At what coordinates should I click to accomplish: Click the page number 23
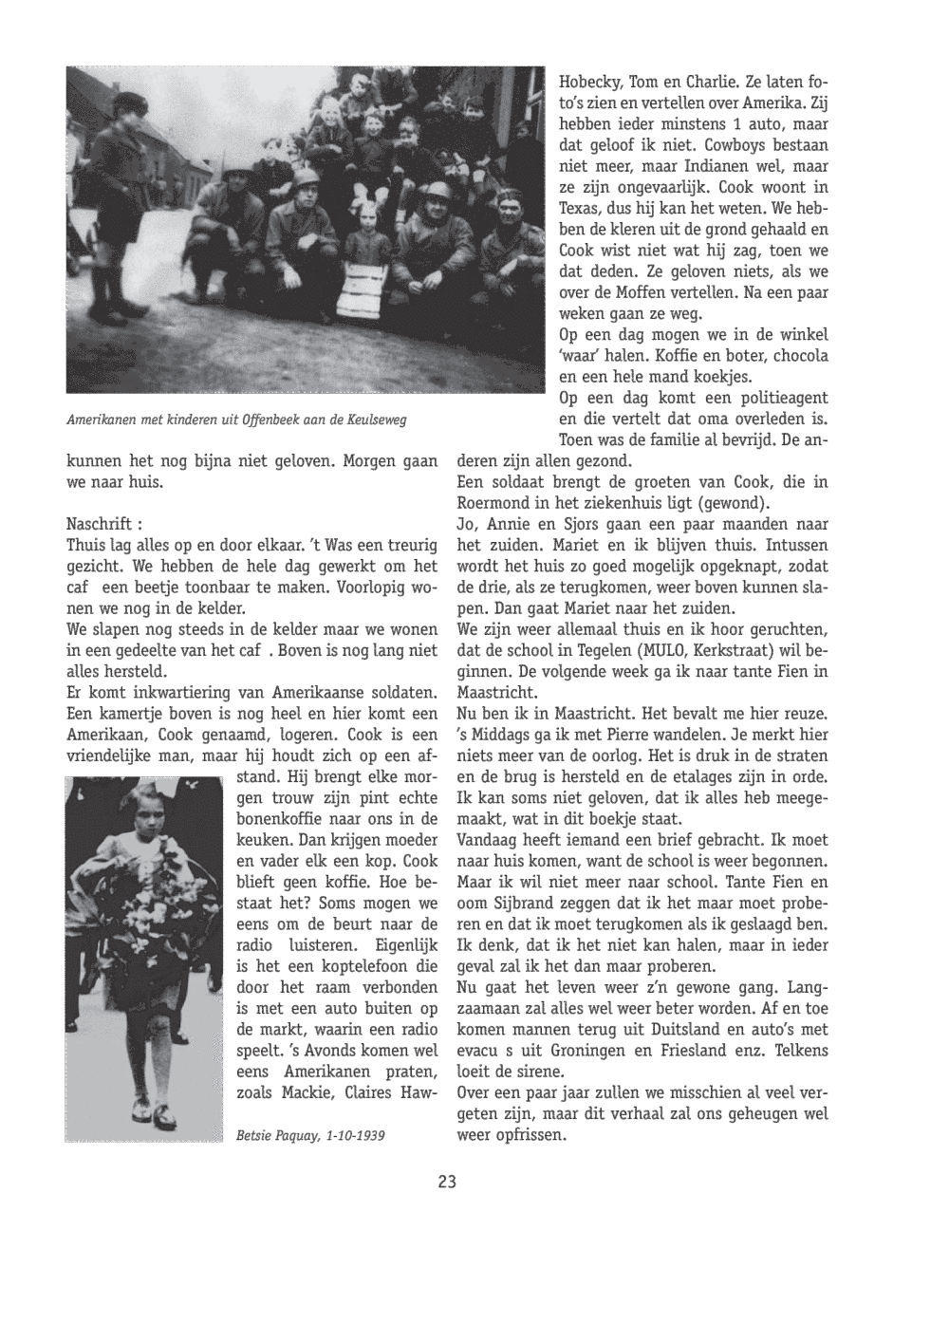(x=448, y=1182)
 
